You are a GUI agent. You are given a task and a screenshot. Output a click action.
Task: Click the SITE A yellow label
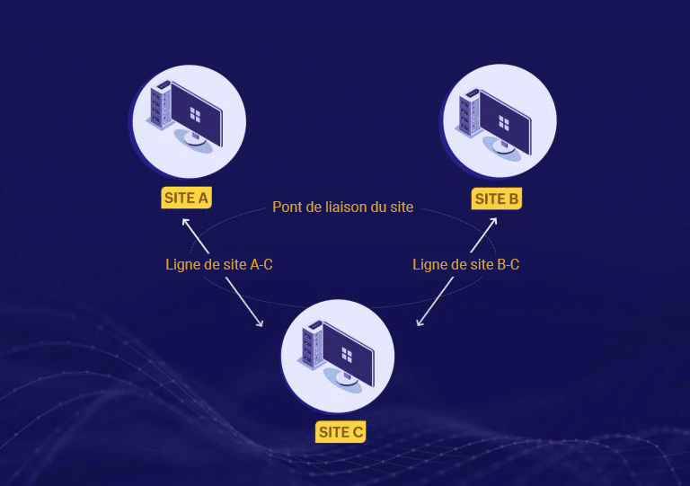click(187, 198)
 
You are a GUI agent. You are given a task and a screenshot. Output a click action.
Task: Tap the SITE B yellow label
click(496, 199)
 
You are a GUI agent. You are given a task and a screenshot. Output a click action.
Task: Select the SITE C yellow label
click(341, 432)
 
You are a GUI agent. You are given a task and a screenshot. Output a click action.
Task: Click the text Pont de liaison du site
click(343, 207)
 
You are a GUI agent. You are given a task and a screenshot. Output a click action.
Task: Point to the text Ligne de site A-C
click(219, 264)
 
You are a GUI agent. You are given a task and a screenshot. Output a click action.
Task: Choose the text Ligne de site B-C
click(466, 264)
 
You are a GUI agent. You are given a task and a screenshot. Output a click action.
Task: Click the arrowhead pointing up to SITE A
click(185, 222)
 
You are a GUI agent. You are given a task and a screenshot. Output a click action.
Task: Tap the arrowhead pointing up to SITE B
click(494, 221)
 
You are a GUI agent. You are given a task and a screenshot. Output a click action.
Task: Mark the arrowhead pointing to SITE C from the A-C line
click(260, 323)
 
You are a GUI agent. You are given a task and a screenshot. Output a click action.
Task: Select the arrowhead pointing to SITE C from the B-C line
click(420, 323)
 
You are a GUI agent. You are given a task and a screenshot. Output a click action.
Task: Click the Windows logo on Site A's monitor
click(195, 115)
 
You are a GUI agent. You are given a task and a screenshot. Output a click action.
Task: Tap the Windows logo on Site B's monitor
click(504, 123)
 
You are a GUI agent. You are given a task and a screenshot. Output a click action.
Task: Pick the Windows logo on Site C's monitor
click(347, 355)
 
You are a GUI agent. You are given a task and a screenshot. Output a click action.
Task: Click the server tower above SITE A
click(159, 105)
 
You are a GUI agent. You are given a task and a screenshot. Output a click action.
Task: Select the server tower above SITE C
click(312, 345)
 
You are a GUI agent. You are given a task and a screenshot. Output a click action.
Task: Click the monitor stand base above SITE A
click(194, 140)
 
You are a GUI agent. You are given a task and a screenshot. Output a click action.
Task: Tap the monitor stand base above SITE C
click(346, 380)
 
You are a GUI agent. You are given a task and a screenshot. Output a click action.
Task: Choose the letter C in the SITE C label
click(358, 432)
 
